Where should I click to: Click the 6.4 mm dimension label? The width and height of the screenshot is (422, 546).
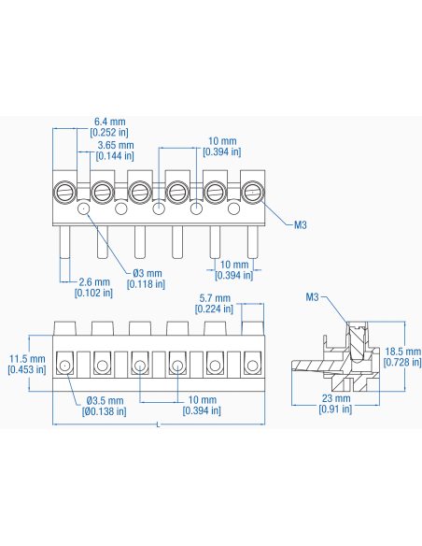109,127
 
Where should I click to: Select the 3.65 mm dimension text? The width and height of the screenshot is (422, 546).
115,151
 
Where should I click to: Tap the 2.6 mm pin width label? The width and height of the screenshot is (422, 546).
94,287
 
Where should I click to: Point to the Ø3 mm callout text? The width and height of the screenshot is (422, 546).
146,279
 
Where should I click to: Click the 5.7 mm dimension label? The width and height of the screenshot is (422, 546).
214,303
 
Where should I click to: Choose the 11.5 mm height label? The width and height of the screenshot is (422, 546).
27,364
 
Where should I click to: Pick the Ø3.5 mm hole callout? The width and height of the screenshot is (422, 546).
105,406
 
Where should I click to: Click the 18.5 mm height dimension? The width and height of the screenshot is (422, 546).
402,356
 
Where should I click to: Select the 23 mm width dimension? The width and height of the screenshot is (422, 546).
335,403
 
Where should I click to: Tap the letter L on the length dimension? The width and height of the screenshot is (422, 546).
158,424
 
